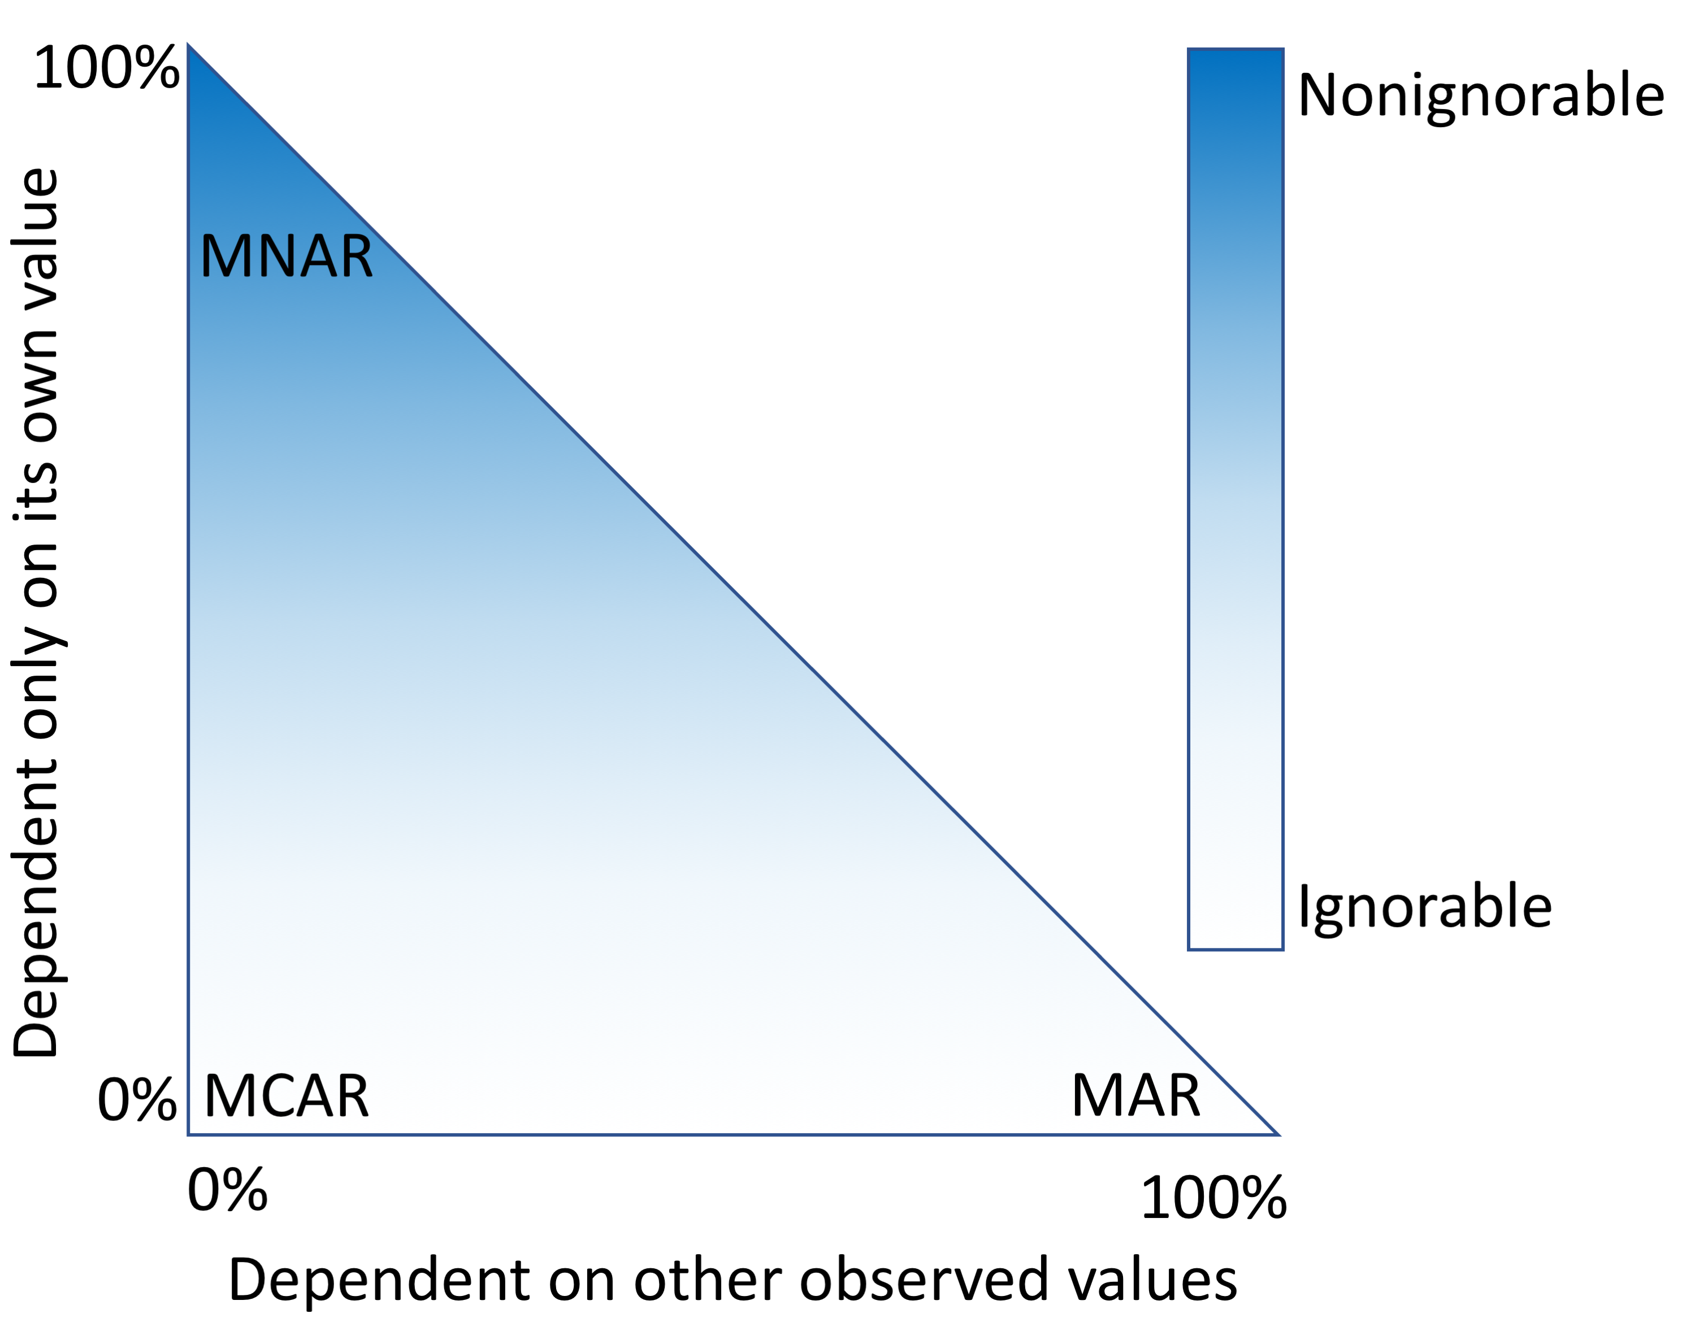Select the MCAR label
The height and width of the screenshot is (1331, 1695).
(x=286, y=1097)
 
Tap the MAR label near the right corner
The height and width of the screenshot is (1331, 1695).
(x=1135, y=1097)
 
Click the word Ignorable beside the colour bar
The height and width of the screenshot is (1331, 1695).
(x=1424, y=907)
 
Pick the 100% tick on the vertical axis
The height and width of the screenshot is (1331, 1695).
(x=106, y=68)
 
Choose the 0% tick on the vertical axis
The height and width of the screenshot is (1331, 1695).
(x=136, y=1101)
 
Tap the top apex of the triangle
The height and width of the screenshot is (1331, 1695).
(x=189, y=47)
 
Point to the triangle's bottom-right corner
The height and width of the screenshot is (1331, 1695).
(x=1277, y=1134)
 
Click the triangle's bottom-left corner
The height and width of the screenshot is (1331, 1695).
(x=189, y=1134)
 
